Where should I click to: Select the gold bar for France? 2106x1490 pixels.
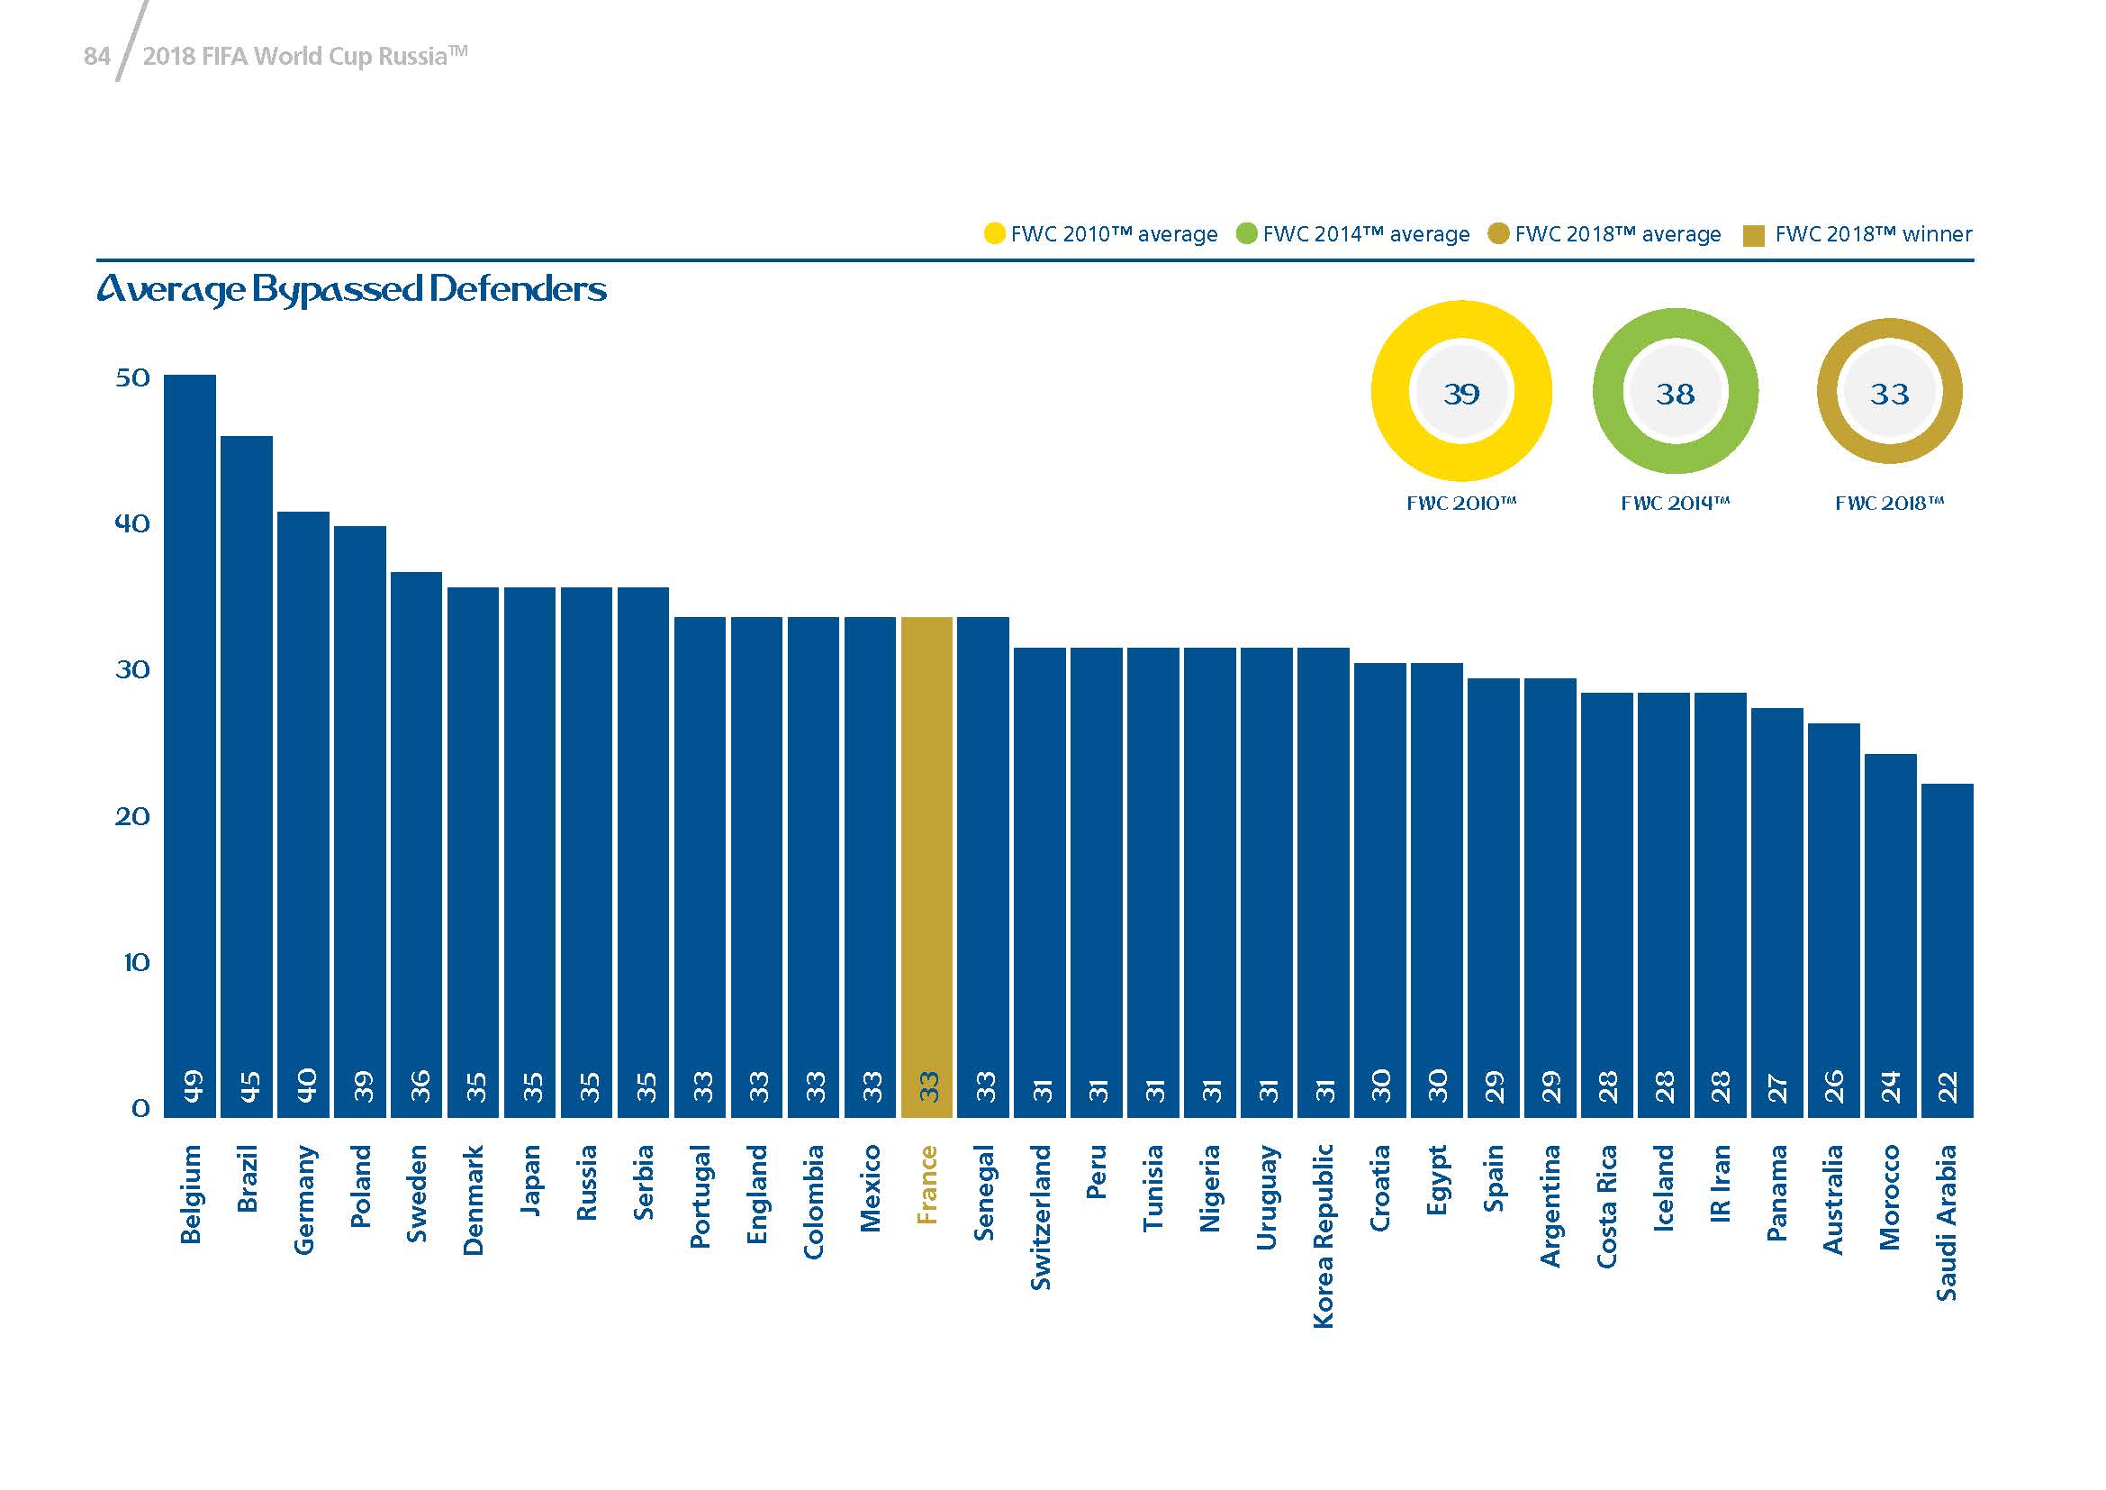(x=926, y=867)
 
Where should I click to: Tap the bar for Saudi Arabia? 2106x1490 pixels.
(x=1947, y=949)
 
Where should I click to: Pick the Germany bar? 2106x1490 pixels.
(x=303, y=813)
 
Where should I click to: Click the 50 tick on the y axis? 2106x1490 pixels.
(x=133, y=378)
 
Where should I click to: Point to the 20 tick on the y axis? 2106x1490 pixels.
(x=133, y=816)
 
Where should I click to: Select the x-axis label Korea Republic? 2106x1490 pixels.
(x=1323, y=1235)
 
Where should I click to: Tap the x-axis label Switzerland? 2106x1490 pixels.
(x=1039, y=1216)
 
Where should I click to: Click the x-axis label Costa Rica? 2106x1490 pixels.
(x=1606, y=1206)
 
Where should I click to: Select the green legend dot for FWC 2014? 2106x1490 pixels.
(x=1246, y=233)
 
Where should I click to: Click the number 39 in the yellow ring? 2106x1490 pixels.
(x=1461, y=394)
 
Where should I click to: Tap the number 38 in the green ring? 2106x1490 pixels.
(x=1675, y=394)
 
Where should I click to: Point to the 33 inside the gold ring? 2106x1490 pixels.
(x=1890, y=394)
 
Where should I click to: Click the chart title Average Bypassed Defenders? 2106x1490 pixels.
(x=351, y=289)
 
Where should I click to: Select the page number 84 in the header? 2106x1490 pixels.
(x=96, y=57)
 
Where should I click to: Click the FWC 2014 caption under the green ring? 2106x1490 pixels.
(x=1675, y=503)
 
